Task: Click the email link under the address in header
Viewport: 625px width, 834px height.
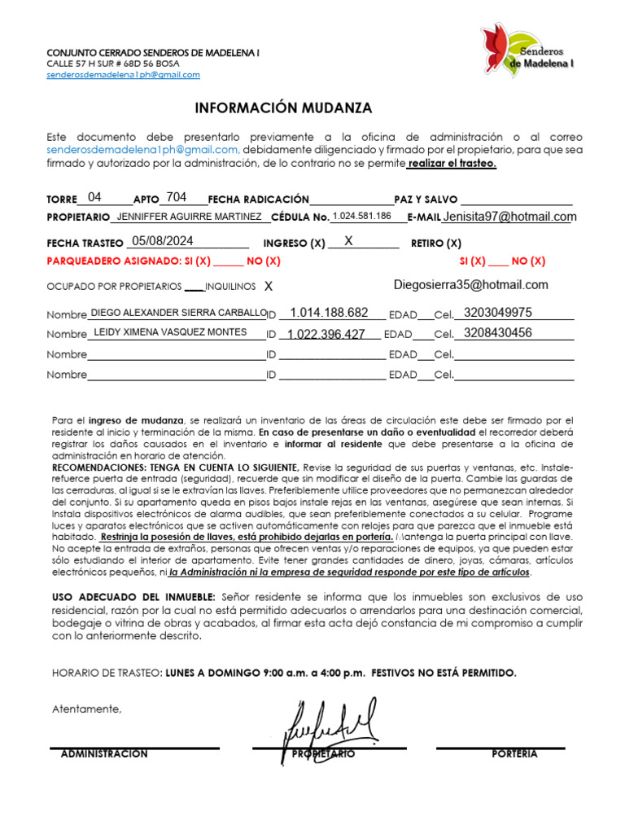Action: (x=123, y=74)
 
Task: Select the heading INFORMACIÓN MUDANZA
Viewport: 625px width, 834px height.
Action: (x=283, y=108)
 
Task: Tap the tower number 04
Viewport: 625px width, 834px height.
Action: (x=95, y=197)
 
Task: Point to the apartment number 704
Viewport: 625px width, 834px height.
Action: (x=176, y=197)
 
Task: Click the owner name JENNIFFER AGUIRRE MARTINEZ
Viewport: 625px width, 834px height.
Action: (x=189, y=217)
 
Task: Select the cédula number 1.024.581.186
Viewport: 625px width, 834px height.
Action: (x=362, y=217)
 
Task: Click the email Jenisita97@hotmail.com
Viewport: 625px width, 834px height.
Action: (x=509, y=217)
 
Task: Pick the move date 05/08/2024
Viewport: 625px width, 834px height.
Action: (x=163, y=240)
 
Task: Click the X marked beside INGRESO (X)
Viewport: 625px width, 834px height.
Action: (x=348, y=241)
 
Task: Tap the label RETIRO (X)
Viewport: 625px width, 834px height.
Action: (x=436, y=244)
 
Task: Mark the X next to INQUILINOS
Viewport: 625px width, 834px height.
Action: (x=269, y=287)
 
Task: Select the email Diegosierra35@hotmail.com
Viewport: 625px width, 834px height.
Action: (x=470, y=285)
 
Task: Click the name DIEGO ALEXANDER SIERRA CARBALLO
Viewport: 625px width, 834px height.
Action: (x=178, y=313)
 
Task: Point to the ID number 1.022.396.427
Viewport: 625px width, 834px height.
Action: (x=326, y=334)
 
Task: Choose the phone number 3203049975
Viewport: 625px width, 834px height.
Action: (x=497, y=313)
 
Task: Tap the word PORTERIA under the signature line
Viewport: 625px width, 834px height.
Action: (x=514, y=754)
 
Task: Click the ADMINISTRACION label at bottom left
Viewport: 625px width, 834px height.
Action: (x=104, y=754)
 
